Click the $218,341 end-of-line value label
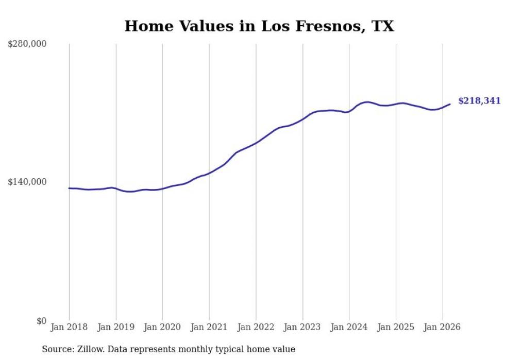tap(479, 101)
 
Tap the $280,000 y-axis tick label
tap(27, 44)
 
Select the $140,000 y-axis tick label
tap(27, 182)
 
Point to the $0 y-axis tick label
tap(41, 321)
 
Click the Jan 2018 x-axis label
tap(69, 327)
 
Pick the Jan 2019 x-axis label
tap(116, 327)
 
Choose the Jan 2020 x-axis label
tap(162, 327)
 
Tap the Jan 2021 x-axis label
tap(209, 327)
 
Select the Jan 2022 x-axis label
tap(256, 327)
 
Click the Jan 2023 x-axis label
tap(302, 327)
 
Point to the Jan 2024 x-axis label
tap(349, 327)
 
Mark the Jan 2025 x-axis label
tap(396, 327)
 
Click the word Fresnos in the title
tap(324, 26)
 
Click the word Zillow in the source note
tap(90, 349)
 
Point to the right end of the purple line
tap(450, 104)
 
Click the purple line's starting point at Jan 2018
tap(70, 188)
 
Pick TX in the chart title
tap(382, 26)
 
